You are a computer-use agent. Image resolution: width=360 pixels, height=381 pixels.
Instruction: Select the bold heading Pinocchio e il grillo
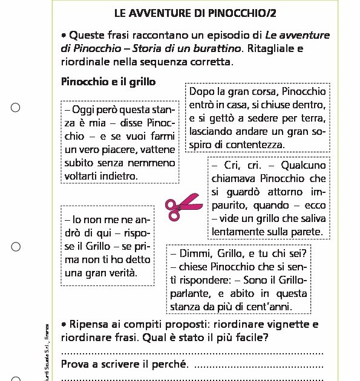coord(109,81)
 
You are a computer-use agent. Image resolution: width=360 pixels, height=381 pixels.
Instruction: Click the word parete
coord(309,232)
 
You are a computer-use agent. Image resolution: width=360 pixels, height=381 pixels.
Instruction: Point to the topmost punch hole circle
coord(16,108)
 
